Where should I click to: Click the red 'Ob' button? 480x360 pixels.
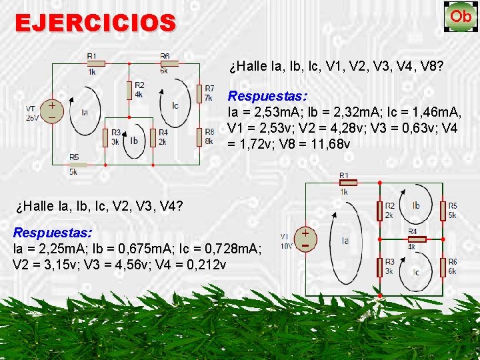(x=459, y=17)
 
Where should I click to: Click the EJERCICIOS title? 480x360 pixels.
(x=95, y=23)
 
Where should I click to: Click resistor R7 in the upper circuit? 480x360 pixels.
(x=199, y=93)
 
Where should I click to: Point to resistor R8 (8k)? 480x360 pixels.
(x=199, y=137)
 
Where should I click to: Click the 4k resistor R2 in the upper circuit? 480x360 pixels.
(x=129, y=89)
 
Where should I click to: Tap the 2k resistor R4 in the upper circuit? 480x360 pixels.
(x=154, y=137)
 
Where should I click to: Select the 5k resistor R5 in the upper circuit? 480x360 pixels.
(x=77, y=164)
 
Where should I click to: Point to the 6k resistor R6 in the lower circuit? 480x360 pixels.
(x=443, y=267)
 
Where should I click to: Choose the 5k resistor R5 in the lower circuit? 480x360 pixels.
(x=443, y=211)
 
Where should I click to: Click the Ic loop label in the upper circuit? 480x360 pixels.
(x=175, y=105)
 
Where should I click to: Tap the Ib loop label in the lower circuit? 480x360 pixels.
(x=416, y=205)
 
